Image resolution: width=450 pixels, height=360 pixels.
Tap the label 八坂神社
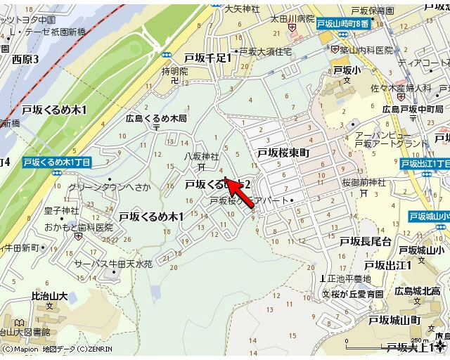pos(202,156)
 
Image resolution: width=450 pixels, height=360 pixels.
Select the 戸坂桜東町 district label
pos(283,153)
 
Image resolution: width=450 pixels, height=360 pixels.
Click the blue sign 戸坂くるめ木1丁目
pos(57,162)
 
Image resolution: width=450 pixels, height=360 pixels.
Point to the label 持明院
pos(175,71)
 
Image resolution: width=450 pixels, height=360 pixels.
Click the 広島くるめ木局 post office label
pos(156,118)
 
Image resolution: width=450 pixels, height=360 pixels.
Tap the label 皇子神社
pos(62,210)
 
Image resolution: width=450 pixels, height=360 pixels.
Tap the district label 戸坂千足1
pos(207,58)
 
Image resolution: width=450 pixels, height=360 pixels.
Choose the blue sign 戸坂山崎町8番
pos(343,24)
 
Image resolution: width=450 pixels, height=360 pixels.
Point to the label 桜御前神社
pos(364,182)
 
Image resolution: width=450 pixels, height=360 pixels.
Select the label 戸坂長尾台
pos(365,241)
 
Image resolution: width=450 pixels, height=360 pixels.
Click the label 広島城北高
pos(417,290)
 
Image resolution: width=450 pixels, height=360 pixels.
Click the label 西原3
pos(25,60)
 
